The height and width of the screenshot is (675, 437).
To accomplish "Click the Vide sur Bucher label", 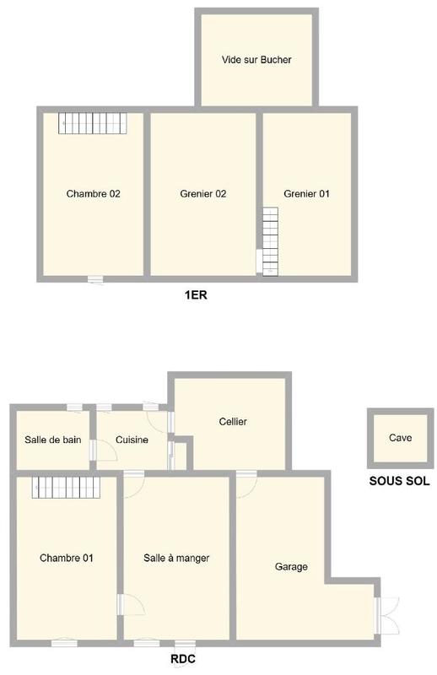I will [x=256, y=60].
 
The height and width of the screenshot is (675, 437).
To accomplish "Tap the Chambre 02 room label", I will [x=93, y=193].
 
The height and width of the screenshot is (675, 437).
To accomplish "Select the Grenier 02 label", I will [x=203, y=193].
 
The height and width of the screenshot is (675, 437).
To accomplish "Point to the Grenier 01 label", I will [x=306, y=193].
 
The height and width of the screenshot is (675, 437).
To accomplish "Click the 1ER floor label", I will [x=196, y=295].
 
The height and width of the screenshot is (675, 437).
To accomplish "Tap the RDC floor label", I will [x=184, y=659].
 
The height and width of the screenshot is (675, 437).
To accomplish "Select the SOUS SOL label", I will [x=399, y=481].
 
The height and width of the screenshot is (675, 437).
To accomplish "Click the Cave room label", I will [x=400, y=438].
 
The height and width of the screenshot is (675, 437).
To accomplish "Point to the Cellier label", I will [x=233, y=422].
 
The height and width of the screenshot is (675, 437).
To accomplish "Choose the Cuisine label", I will [x=132, y=440].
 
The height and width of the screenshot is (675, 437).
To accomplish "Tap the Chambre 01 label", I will [x=66, y=558].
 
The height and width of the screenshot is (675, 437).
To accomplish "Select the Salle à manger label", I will [x=176, y=558].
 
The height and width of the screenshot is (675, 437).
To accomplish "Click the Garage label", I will [x=291, y=567].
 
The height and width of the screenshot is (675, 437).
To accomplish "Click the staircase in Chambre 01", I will [x=66, y=488].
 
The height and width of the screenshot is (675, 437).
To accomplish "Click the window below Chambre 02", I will [x=95, y=279].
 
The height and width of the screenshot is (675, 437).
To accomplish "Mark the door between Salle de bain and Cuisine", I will [x=93, y=451].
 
